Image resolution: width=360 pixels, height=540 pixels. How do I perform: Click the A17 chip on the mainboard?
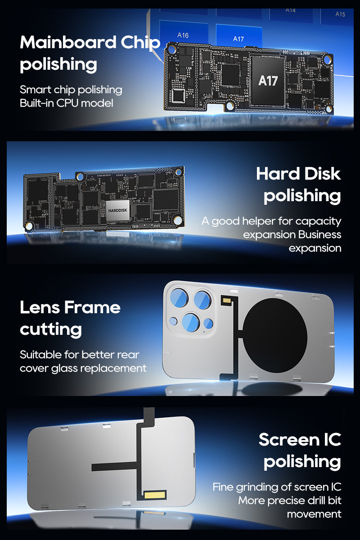pos(268,81)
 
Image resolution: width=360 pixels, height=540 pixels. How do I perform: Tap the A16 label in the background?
pos(183,36)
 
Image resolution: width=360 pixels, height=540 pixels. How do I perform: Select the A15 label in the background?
pos(340,14)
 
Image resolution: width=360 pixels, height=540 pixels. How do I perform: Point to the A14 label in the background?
pos(291,10)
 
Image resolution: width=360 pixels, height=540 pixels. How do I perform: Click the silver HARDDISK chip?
pos(117,210)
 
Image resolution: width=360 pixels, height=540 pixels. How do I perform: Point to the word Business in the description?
pos(319,234)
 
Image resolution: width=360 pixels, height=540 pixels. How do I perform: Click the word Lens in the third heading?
pos(40,307)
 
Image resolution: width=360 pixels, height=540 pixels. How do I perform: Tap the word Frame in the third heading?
pos(92,307)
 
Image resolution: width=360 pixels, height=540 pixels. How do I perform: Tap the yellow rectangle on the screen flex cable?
pos(155,495)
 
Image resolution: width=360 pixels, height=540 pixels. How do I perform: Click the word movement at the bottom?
pos(314,514)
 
